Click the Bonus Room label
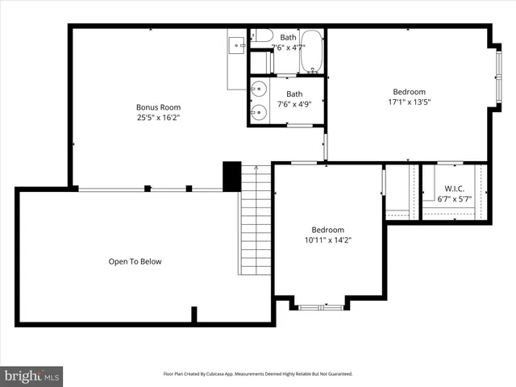[x=158, y=107]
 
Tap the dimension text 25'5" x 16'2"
[x=158, y=118]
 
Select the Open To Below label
[x=135, y=261]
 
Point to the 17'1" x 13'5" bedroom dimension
[x=409, y=102]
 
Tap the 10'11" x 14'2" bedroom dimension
[x=328, y=239]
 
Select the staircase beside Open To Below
[x=256, y=218]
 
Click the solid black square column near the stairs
[x=231, y=177]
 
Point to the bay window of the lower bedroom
[x=320, y=306]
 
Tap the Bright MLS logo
[x=32, y=375]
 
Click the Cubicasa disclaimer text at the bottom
[x=258, y=374]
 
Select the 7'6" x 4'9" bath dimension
[x=294, y=104]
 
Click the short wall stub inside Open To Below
[x=193, y=314]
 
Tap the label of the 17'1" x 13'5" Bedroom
[x=409, y=92]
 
